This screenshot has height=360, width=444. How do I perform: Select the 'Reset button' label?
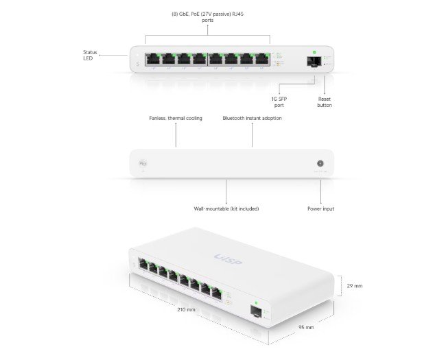pyautogui.click(x=325, y=102)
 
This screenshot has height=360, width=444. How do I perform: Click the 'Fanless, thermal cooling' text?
pyautogui.click(x=176, y=118)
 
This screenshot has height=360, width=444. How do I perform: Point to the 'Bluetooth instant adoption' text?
pyautogui.click(x=252, y=118)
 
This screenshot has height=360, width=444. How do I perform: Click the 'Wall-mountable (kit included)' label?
pyautogui.click(x=226, y=208)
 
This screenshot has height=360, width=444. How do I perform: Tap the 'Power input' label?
pyautogui.click(x=320, y=208)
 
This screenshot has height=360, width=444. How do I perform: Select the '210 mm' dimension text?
pyautogui.click(x=186, y=309)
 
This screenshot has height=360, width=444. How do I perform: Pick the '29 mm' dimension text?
pyautogui.click(x=354, y=285)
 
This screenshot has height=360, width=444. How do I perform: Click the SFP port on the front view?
pyautogui.click(x=312, y=61)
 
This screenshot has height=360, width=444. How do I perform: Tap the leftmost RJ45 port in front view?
pyautogui.click(x=152, y=59)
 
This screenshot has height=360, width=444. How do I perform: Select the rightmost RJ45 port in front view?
pyautogui.click(x=261, y=59)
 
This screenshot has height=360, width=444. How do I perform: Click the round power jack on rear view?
pyautogui.click(x=319, y=164)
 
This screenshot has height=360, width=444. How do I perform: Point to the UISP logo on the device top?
pyautogui.click(x=229, y=260)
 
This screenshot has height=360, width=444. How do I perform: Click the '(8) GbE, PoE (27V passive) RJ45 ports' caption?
pyautogui.click(x=207, y=17)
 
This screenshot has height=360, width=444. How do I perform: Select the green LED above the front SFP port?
pyautogui.click(x=312, y=51)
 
